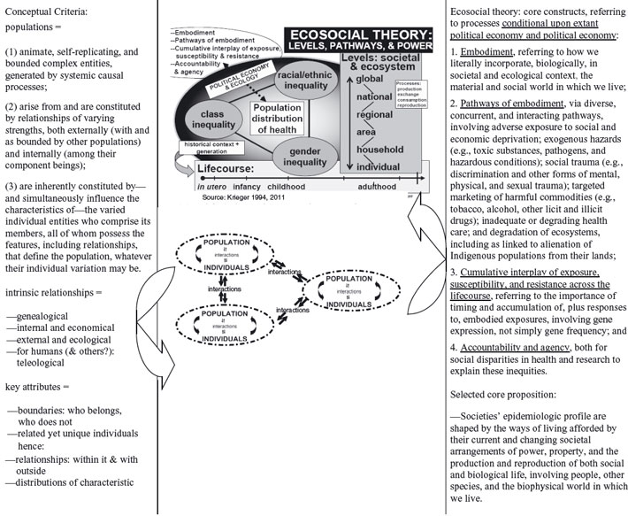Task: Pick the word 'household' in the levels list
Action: click(381, 150)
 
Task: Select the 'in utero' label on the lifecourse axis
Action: click(188, 187)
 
